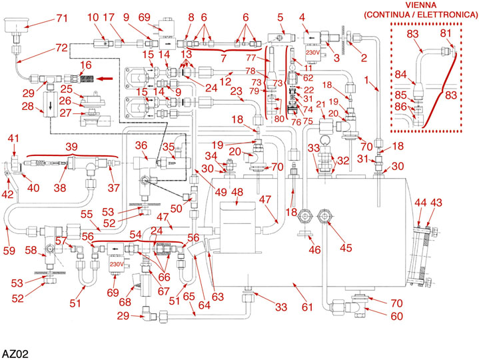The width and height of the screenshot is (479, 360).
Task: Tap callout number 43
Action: pyautogui.click(x=436, y=202)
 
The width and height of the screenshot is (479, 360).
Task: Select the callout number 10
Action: pyautogui.click(x=93, y=16)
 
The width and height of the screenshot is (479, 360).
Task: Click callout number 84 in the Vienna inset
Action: pyautogui.click(x=402, y=75)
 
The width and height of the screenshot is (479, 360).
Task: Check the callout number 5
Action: pyautogui.click(x=280, y=17)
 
